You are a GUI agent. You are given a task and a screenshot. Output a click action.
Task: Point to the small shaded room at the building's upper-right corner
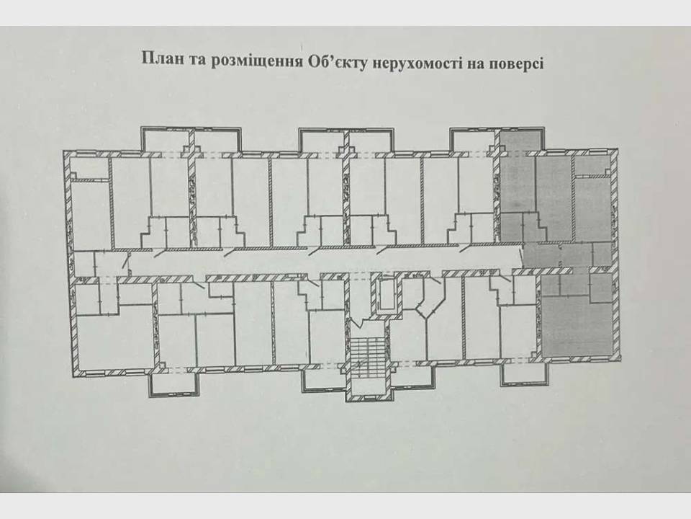coord(592,166)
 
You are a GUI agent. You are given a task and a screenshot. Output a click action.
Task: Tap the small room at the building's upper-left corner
coord(89,169)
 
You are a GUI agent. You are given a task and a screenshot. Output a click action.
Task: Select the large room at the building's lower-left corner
coord(115,340)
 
